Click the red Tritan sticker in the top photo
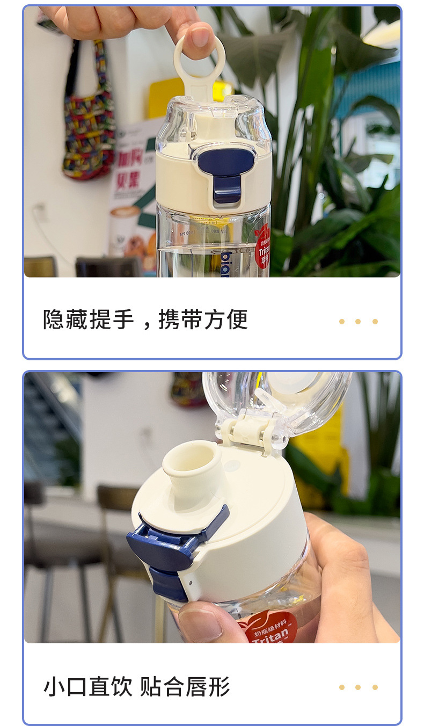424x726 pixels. pos(263,244)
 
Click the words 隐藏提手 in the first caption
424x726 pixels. pos(89,320)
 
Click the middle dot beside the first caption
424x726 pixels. pos(358,322)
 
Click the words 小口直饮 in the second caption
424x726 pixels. pos(88,687)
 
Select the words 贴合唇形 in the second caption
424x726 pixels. pos(185,687)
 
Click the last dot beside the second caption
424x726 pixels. pos(375,687)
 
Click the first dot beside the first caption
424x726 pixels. pos(341,322)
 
